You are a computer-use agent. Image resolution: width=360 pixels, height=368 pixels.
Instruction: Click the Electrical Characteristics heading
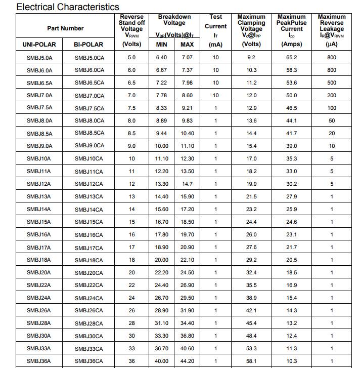click(x=68, y=7)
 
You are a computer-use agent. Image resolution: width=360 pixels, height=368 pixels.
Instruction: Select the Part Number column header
click(x=65, y=28)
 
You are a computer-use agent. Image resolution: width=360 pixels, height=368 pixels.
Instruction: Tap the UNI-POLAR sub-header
click(x=39, y=45)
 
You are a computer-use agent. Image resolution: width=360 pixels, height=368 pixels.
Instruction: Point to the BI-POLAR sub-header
click(x=88, y=45)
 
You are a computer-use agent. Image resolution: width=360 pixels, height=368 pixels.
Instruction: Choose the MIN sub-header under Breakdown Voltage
click(x=162, y=45)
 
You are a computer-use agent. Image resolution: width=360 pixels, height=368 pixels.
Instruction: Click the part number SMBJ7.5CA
click(x=89, y=108)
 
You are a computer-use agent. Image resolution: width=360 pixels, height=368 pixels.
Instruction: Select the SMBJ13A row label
click(x=39, y=197)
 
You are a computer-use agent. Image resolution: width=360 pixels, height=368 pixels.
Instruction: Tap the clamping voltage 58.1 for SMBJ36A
click(x=251, y=361)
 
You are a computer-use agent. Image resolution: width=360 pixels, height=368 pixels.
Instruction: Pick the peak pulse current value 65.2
click(x=292, y=58)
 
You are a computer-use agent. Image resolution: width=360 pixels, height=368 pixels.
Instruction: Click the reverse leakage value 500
click(x=332, y=83)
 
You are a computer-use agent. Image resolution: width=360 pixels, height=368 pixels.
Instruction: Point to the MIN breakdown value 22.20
click(x=162, y=273)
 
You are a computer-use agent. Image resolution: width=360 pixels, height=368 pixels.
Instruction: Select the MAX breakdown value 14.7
click(x=187, y=184)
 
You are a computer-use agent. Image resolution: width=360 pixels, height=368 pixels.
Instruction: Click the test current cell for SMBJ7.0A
click(x=216, y=96)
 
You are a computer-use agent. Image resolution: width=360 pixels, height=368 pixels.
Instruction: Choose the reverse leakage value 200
click(x=332, y=96)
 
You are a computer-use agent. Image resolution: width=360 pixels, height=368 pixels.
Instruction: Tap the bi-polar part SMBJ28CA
click(x=89, y=323)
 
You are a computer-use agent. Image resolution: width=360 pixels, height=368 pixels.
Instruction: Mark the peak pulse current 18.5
click(x=292, y=273)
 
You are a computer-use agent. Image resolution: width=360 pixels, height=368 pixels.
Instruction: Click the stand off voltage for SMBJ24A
click(x=131, y=298)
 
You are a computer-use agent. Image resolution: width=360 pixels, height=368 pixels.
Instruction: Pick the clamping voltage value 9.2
click(x=251, y=58)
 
